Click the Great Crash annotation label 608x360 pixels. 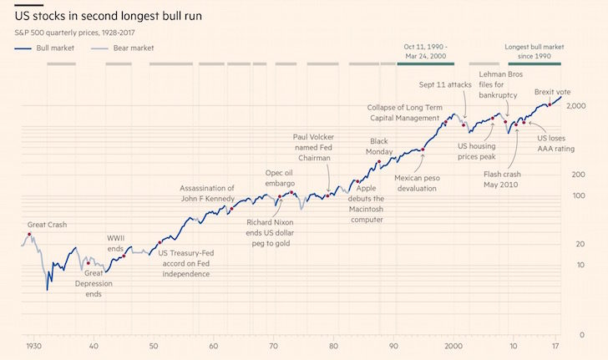click(x=47, y=225)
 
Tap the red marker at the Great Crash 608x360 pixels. click(x=31, y=235)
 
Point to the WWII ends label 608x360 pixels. click(x=115, y=243)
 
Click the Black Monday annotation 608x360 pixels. click(x=380, y=147)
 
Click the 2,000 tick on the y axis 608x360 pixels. click(x=575, y=105)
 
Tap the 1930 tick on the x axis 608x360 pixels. click(x=33, y=345)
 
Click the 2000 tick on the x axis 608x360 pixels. click(x=453, y=345)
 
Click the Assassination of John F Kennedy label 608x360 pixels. click(x=207, y=194)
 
